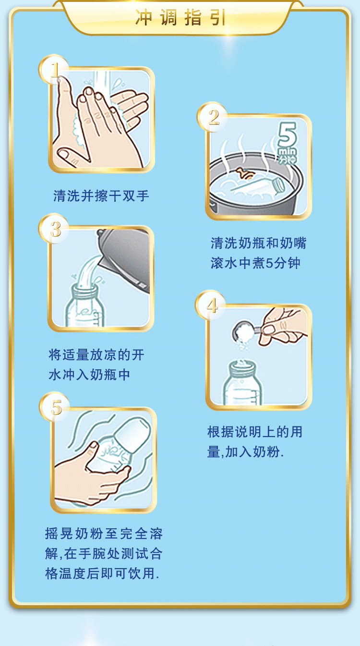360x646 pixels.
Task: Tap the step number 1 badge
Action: pos(54,70)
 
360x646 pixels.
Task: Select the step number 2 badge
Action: pos(213,117)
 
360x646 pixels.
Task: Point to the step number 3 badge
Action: pos(54,229)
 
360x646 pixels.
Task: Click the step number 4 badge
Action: pos(211,305)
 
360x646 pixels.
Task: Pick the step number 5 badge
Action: pos(55,407)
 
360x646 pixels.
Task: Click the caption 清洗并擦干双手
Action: pos(101,196)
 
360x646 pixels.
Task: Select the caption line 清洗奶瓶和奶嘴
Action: pos(258,243)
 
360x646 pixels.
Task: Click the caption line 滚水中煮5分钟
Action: pos(255,263)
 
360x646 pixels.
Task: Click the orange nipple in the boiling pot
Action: pos(245,173)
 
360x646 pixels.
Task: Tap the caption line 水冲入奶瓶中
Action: pos(89,375)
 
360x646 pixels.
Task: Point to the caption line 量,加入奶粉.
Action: pos(245,451)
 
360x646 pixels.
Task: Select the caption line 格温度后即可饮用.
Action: pos(102,573)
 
